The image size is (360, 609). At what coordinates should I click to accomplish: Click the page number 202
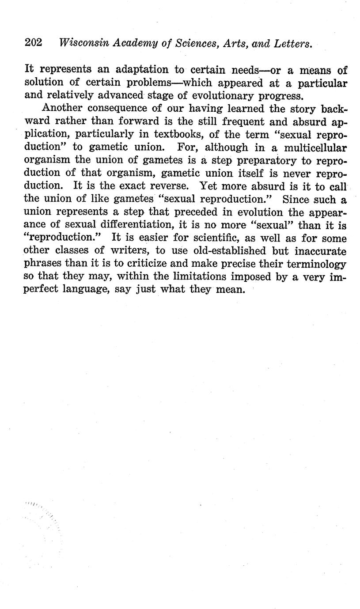[x=33, y=43]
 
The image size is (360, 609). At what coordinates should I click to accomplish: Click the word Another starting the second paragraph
[x=62, y=108]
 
